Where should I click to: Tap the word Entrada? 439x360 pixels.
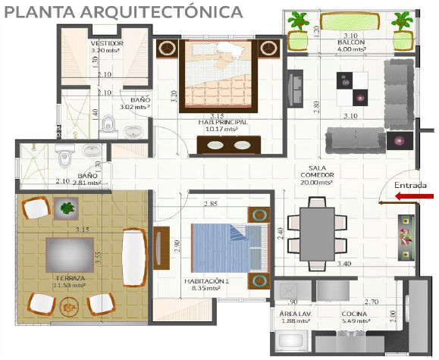(x=409, y=184)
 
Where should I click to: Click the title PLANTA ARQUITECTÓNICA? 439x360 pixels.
(x=123, y=12)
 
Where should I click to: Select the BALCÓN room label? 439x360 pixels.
(x=350, y=43)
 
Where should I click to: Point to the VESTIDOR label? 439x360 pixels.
(x=107, y=44)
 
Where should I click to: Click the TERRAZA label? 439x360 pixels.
(x=69, y=278)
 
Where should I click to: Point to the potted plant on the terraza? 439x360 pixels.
(x=68, y=207)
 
